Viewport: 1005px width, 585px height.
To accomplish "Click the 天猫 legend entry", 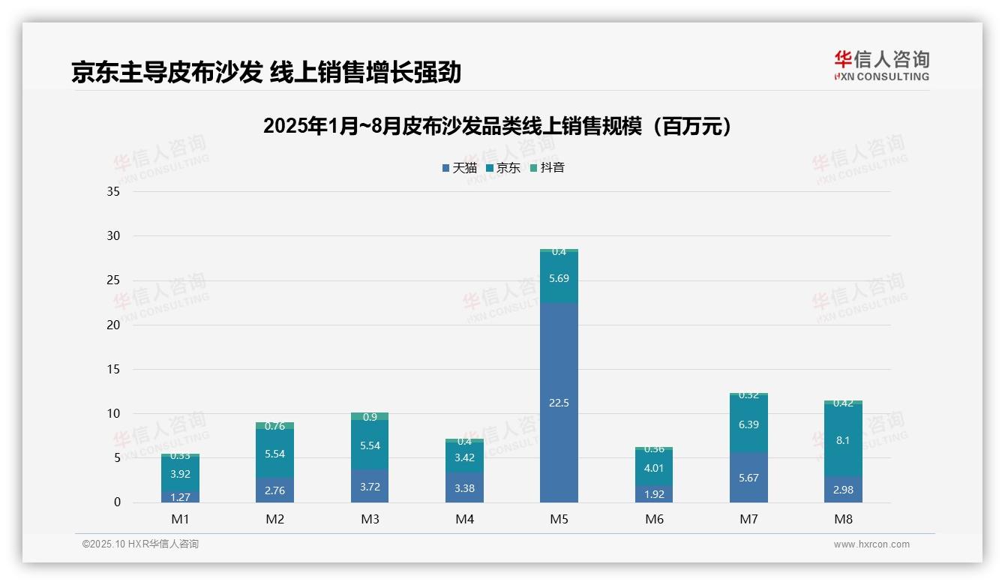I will (459, 168).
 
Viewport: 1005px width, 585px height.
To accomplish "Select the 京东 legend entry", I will (502, 168).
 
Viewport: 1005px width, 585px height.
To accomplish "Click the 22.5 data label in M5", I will (559, 403).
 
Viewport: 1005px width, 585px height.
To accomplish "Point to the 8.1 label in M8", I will (843, 440).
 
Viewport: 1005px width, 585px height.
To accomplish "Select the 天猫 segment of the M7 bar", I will (748, 478).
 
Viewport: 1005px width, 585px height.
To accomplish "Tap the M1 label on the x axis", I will (180, 519).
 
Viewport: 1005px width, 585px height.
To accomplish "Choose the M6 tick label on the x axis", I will (654, 519).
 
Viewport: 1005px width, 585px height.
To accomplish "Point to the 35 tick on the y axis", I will (113, 192).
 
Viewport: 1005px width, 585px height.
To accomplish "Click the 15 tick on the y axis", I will (113, 369).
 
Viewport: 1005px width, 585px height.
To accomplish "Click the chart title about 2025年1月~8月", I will (497, 127).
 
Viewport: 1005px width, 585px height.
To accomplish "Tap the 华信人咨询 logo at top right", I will (881, 65).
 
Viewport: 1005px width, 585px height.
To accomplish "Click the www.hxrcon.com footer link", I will (871, 544).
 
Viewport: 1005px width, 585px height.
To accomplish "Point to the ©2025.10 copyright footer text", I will (140, 544).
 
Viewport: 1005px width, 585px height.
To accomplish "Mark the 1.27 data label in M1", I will (180, 496).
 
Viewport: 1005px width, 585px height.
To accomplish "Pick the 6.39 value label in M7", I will (748, 424).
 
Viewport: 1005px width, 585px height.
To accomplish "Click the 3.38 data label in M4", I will (464, 488).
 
